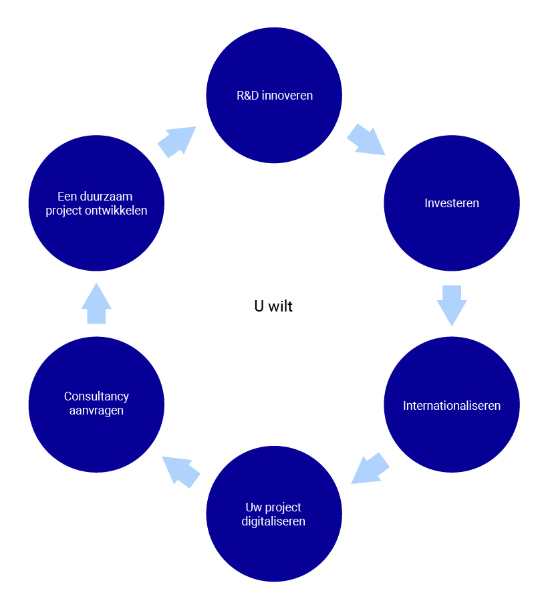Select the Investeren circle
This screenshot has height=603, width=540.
(452, 221)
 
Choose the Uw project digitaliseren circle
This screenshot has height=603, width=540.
(274, 535)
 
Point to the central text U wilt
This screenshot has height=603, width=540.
(273, 306)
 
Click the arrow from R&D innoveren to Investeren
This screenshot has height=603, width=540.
(366, 139)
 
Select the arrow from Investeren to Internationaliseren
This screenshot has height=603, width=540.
(452, 304)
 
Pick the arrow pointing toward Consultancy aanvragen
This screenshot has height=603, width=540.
(180, 471)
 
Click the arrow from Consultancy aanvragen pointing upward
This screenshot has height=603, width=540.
(96, 304)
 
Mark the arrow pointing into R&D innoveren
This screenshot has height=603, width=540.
(177, 141)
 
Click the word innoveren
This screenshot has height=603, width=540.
(287, 95)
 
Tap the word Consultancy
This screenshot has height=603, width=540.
(96, 396)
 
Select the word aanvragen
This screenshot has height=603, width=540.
(96, 410)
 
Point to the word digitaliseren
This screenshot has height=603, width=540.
(273, 521)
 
